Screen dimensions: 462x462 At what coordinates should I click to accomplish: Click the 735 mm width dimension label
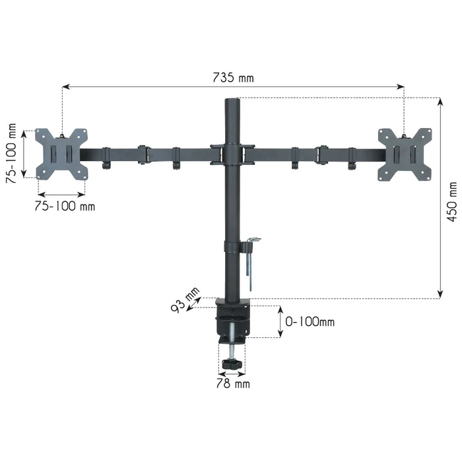click(232, 78)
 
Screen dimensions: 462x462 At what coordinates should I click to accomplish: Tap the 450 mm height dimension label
click(451, 202)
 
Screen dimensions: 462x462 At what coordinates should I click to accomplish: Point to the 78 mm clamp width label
click(232, 382)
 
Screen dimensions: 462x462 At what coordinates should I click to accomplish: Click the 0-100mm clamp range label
click(310, 322)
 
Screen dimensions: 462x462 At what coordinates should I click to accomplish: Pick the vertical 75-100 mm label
click(11, 153)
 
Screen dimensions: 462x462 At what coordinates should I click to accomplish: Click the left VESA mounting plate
click(61, 154)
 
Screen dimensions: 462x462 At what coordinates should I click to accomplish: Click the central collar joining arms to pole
click(232, 154)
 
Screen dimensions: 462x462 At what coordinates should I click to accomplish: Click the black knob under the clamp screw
click(231, 364)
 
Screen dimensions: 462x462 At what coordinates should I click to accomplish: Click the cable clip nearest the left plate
click(106, 158)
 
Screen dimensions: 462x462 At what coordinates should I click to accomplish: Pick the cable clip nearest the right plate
click(352, 158)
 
